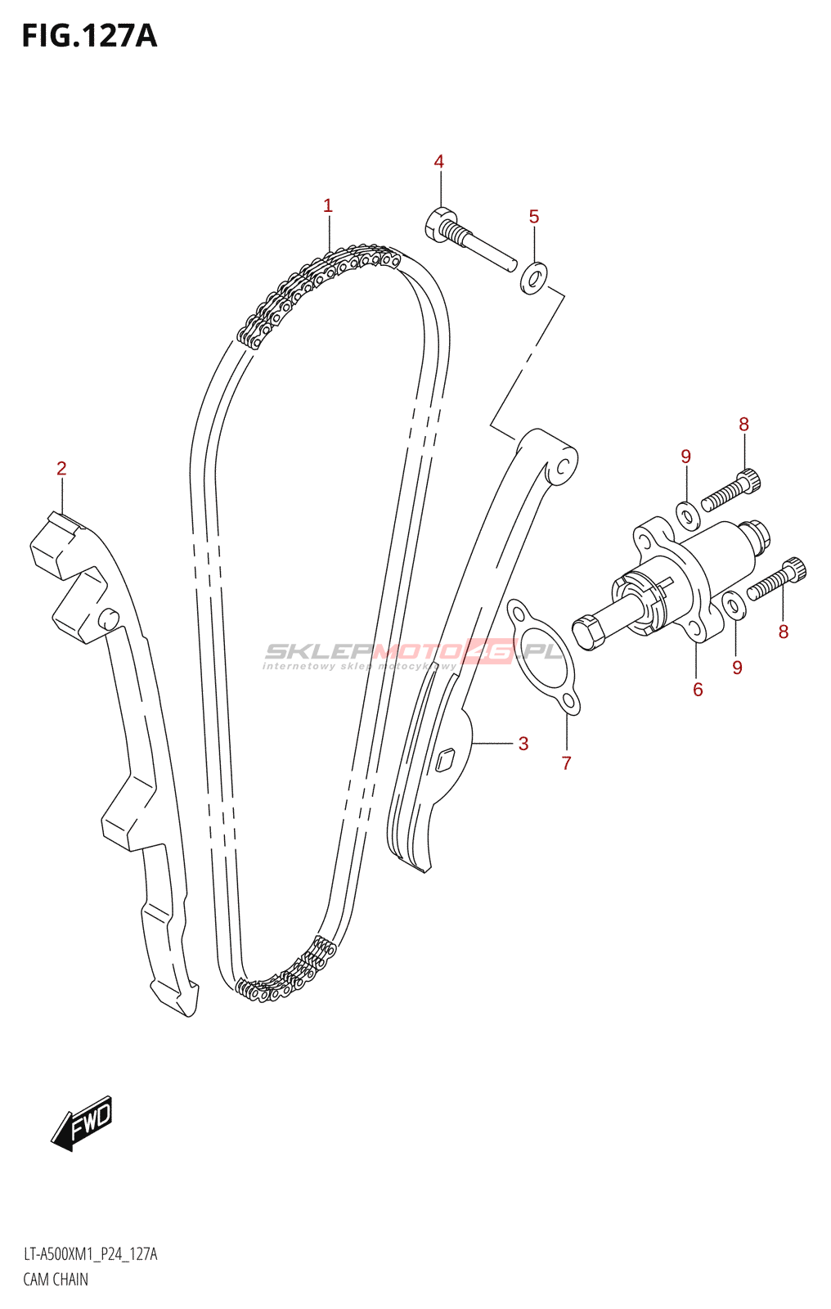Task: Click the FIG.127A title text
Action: click(x=89, y=36)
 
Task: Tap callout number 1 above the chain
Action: click(x=328, y=206)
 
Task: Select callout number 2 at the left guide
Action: click(x=61, y=469)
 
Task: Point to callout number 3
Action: click(x=523, y=744)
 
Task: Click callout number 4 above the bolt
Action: click(x=439, y=162)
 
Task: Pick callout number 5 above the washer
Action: click(x=534, y=217)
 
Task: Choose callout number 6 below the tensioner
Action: click(x=698, y=690)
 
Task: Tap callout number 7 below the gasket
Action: click(x=566, y=763)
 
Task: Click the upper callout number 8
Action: click(x=743, y=425)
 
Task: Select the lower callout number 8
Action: click(x=784, y=632)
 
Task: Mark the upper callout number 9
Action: click(x=685, y=457)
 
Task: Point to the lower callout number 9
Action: click(x=737, y=668)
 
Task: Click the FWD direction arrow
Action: click(x=82, y=1122)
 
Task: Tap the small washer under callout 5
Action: click(x=533, y=279)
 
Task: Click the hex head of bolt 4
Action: click(x=439, y=222)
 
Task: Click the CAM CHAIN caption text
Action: click(x=56, y=1280)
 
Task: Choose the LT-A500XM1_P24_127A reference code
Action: click(x=90, y=1254)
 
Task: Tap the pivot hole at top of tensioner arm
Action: click(x=563, y=467)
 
